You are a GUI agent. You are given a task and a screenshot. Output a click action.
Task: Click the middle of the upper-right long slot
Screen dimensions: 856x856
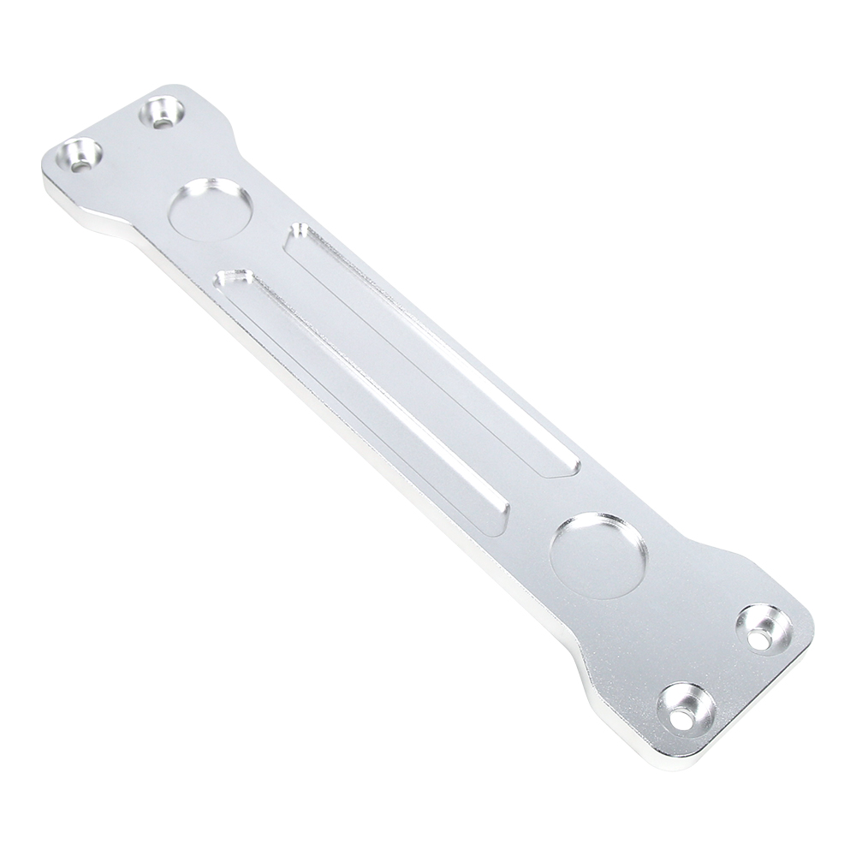[x=432, y=351]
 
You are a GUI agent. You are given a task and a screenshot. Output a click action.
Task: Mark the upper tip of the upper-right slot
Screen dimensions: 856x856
[x=300, y=233]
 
